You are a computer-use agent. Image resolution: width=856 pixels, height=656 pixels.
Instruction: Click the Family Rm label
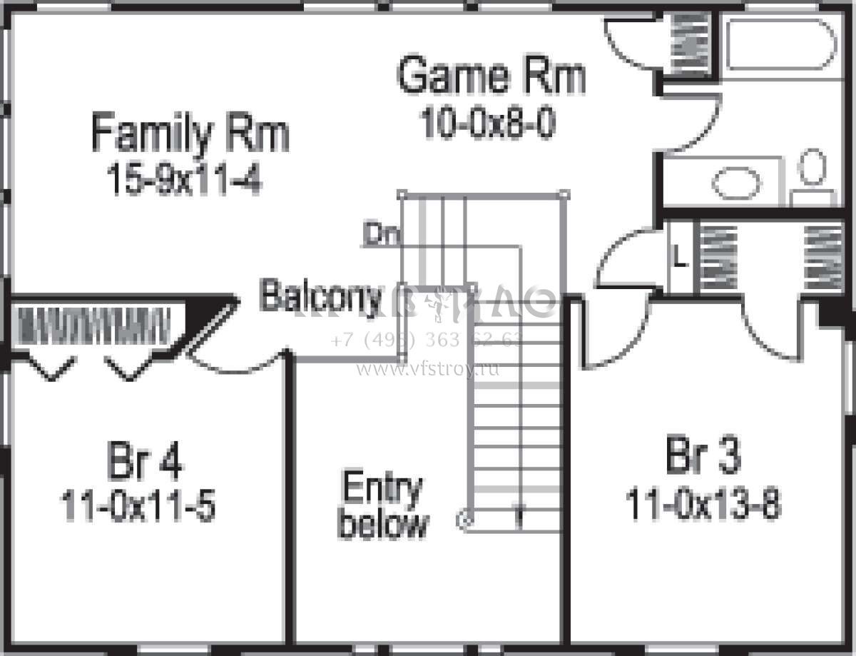(190, 134)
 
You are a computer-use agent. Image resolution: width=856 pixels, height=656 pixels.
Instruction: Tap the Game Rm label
(491, 76)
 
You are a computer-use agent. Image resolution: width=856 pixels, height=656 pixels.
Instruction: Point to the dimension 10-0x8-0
(488, 124)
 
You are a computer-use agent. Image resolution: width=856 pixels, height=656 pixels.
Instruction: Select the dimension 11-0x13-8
(703, 505)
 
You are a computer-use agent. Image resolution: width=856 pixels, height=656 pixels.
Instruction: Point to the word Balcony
(320, 296)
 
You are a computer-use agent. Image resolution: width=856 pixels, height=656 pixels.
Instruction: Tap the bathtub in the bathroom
(780, 44)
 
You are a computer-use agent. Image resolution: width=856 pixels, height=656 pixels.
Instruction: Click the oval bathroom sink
(736, 183)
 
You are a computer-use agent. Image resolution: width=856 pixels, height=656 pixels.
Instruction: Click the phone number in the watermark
(427, 340)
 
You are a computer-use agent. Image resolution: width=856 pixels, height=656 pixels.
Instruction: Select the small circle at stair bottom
(465, 520)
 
